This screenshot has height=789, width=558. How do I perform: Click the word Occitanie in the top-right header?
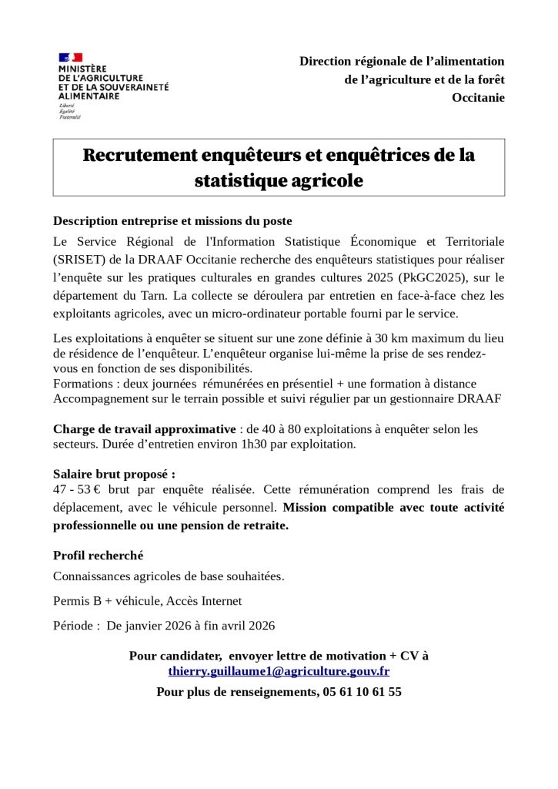click(478, 99)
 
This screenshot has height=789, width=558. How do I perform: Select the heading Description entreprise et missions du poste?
click(172, 220)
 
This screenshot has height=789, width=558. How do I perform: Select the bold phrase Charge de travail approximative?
click(144, 429)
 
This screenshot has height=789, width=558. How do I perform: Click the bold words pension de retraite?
click(224, 525)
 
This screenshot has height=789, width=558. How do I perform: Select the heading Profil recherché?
click(98, 555)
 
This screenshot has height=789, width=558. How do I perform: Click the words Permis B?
click(76, 601)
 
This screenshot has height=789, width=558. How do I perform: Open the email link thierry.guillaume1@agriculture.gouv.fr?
click(279, 671)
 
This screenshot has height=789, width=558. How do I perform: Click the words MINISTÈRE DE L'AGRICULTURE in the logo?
click(100, 74)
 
